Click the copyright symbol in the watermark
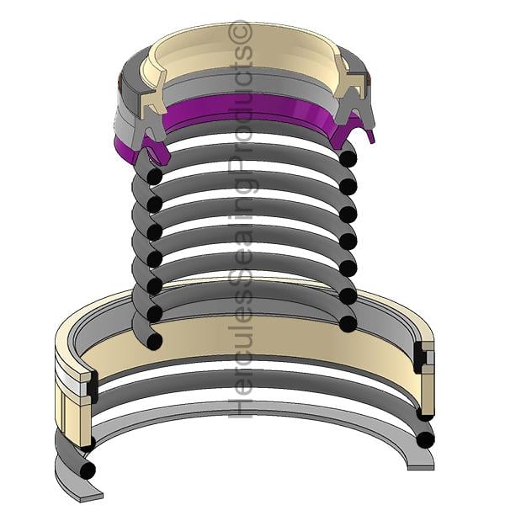point(240,33)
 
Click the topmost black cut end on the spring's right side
point(348,158)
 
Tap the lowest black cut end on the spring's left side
point(154,342)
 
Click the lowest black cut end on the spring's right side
point(348,324)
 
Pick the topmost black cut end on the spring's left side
point(154,176)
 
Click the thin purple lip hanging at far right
point(370,136)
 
